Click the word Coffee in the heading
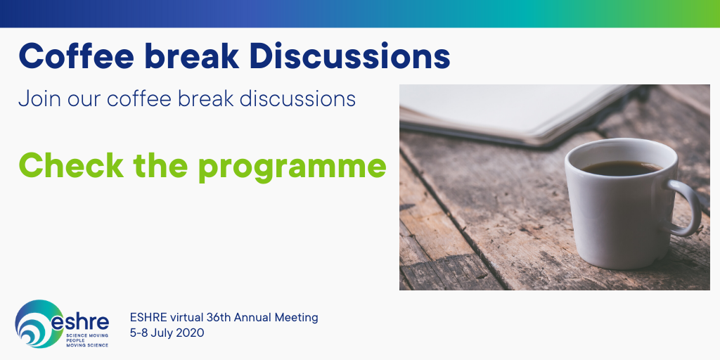[76, 56]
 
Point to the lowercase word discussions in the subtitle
[297, 98]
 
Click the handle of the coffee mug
[685, 207]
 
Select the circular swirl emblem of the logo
[39, 323]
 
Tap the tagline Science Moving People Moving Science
[87, 341]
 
